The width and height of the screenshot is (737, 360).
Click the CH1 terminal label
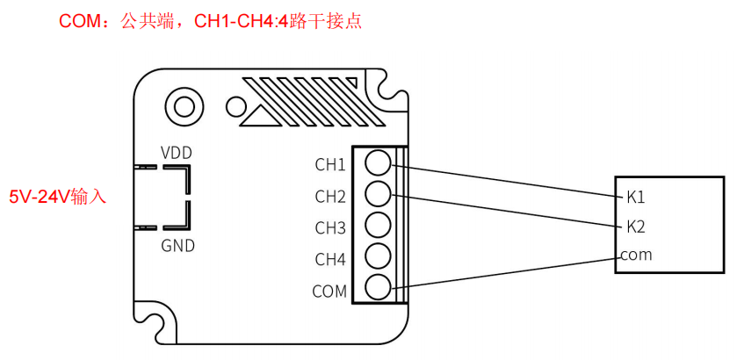(x=330, y=165)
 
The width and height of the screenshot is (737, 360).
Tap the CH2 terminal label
(x=330, y=197)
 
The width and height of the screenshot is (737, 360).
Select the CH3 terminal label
(x=330, y=228)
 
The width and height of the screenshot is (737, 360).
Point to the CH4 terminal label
(x=330, y=259)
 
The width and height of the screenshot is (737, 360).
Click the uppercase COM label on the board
(x=329, y=292)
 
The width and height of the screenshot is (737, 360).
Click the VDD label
(x=177, y=153)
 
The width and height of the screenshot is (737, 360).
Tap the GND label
(x=177, y=245)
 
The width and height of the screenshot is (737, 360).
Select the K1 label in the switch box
(x=635, y=198)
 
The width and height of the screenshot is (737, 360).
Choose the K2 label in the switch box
(x=635, y=227)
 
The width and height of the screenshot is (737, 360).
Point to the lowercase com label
(x=636, y=256)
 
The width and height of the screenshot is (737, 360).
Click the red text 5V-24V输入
(x=58, y=197)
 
